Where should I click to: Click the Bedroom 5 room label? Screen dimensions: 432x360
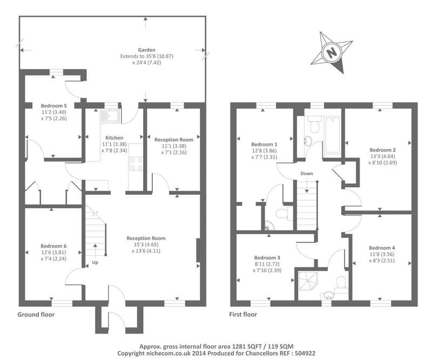[x=53, y=106]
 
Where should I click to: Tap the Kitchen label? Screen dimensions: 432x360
[x=114, y=138]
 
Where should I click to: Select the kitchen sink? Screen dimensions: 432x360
[x=110, y=116]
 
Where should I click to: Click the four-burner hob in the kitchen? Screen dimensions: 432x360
[x=137, y=164]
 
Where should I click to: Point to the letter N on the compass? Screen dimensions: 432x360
[x=332, y=52]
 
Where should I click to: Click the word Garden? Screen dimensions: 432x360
[x=146, y=50]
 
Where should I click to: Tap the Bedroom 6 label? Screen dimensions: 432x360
[x=53, y=246]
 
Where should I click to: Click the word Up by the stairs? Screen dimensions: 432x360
[x=95, y=262]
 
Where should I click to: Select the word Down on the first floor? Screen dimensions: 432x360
[x=307, y=174]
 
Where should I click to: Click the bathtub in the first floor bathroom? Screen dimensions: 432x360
[x=333, y=135]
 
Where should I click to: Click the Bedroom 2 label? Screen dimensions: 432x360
[x=383, y=150]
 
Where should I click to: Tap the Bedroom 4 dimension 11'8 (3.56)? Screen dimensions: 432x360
[x=382, y=254]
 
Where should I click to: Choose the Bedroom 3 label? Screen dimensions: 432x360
[x=267, y=258]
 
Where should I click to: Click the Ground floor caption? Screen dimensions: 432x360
[x=36, y=315]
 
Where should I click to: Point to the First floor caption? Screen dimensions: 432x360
[x=243, y=315]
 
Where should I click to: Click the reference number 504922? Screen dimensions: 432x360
[x=305, y=354]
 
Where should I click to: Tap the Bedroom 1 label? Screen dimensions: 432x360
[x=264, y=144]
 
